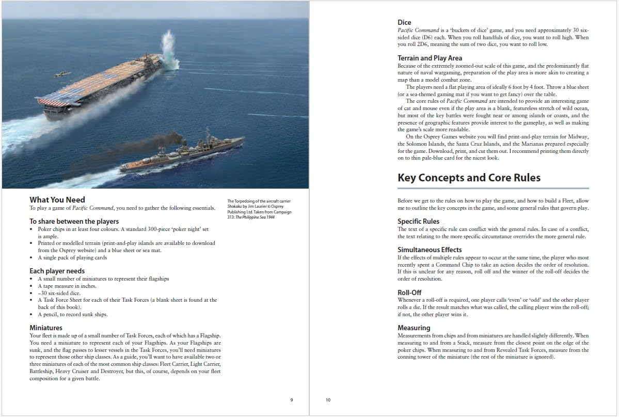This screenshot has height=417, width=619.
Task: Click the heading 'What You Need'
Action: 57,200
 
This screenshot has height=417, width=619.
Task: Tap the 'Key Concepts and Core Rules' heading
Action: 469,178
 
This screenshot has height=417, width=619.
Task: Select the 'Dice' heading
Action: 404,22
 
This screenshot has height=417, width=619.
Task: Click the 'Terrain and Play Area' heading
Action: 430,58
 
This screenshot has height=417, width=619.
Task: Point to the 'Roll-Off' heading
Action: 409,292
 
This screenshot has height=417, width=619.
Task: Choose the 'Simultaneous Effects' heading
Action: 430,250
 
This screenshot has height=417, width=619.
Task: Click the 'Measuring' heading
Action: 414,328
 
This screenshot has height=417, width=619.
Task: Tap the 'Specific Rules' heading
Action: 418,221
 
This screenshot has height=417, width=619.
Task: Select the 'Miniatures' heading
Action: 46,328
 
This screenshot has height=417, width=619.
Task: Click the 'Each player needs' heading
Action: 57,271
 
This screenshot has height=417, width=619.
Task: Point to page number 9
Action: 292,399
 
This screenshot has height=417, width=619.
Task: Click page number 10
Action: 328,399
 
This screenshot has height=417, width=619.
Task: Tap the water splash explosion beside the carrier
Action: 169,52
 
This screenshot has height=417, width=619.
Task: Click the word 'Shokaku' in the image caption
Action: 235,206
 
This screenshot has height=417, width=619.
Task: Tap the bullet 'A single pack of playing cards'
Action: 72,257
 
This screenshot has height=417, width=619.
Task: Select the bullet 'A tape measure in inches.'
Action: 67,286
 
